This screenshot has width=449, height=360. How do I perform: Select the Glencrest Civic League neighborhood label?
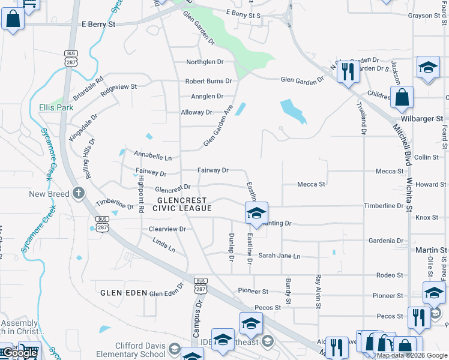182,204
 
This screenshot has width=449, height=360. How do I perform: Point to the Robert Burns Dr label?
208,81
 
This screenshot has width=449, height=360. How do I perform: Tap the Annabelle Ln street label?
152,157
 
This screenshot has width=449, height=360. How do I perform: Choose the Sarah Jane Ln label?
279,256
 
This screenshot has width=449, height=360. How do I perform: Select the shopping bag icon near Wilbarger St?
402,96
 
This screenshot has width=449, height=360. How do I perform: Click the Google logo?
20,353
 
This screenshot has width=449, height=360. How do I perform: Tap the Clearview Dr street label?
167,229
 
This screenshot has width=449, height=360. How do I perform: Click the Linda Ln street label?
164,246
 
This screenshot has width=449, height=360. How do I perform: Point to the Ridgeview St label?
119,87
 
